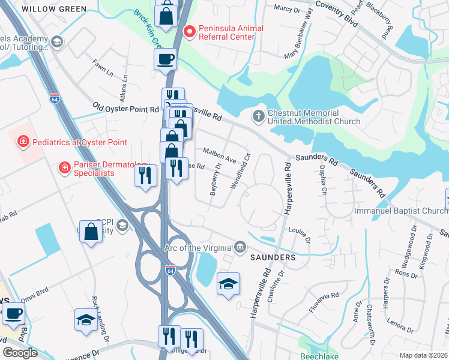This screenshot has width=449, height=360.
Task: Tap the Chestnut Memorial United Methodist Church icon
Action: point(259,116)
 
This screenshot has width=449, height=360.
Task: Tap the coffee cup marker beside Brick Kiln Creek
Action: point(165,59)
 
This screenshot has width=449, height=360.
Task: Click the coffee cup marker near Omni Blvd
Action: point(13,313)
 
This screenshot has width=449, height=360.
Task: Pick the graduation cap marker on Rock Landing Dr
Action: point(85,319)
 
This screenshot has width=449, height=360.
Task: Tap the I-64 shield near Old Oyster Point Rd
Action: point(55,97)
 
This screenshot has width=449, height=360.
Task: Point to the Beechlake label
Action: point(321,356)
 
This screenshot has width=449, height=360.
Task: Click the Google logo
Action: point(20,352)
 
